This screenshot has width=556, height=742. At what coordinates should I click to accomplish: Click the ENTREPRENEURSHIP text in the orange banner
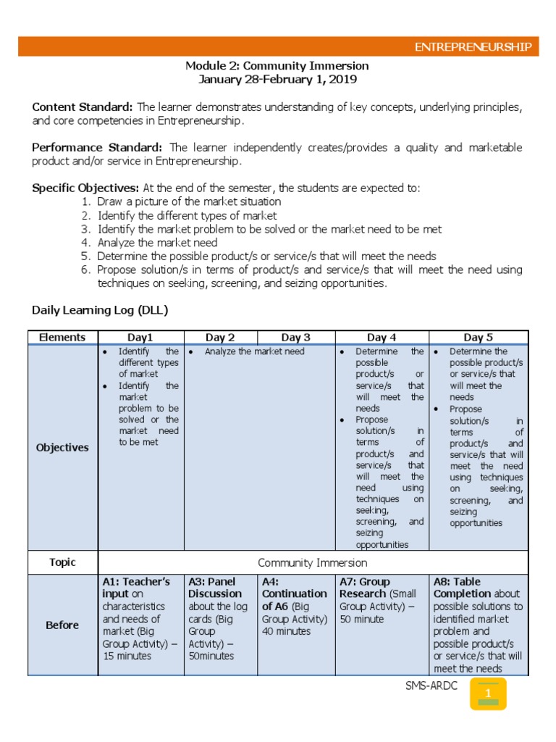[472, 48]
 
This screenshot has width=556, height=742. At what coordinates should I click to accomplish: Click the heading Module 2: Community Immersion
[277, 66]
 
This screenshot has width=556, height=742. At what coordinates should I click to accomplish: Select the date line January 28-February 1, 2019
[277, 79]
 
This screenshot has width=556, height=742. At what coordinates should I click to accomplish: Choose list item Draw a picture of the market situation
[189, 202]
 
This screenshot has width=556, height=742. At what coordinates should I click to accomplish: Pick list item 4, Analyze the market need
[157, 243]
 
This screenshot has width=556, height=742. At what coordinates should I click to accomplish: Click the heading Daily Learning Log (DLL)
[100, 310]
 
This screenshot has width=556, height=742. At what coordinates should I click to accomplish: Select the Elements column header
[62, 338]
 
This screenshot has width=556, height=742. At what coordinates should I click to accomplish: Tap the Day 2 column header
[220, 338]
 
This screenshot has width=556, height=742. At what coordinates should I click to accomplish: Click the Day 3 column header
[295, 338]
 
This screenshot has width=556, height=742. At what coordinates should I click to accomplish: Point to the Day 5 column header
[479, 338]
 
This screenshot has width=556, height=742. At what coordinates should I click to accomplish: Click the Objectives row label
[62, 448]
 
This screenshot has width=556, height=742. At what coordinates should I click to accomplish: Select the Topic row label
[62, 562]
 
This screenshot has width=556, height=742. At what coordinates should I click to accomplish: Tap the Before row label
[62, 625]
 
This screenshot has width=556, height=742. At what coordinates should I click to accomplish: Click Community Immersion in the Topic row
[313, 563]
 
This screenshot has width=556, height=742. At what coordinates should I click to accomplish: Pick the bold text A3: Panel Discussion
[215, 588]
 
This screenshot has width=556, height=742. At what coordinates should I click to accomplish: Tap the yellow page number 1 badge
[488, 694]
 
